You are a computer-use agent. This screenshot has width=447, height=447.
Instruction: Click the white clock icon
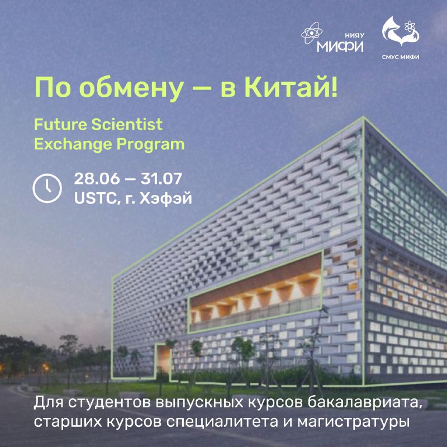click(47, 188)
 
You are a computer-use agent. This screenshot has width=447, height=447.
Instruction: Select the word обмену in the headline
click(133, 88)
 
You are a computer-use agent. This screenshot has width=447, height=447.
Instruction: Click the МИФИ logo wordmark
click(340, 46)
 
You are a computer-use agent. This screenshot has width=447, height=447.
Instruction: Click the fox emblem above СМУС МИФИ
click(401, 31)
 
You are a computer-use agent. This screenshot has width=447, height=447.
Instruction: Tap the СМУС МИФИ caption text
click(401, 57)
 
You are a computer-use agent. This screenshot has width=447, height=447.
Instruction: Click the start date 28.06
click(97, 179)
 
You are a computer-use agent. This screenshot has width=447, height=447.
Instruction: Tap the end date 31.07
click(161, 179)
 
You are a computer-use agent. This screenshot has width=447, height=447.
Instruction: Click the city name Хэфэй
click(165, 199)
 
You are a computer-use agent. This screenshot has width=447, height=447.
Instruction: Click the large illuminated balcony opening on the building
click(256, 292)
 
